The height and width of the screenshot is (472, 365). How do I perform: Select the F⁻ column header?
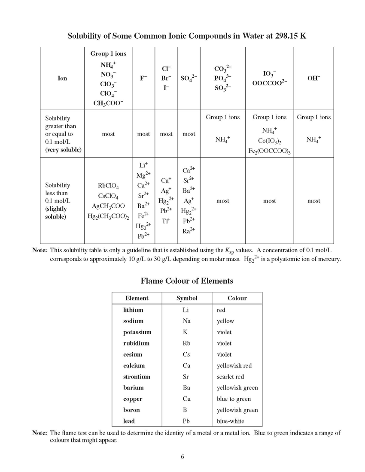point(143,79)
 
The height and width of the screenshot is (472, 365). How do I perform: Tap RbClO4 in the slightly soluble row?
point(108,186)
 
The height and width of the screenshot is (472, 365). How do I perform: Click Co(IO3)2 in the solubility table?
point(269,141)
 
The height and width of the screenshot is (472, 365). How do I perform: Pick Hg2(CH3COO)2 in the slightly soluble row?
point(108,217)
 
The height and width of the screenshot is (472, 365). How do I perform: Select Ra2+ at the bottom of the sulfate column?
point(189,230)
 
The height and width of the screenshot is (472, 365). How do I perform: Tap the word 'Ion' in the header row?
point(62,79)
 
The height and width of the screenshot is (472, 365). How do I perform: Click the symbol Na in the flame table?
point(187,321)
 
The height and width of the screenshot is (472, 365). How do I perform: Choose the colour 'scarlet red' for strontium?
point(230,377)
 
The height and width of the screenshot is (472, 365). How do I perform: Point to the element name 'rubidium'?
point(136,343)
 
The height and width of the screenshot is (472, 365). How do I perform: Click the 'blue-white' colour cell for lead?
point(230,421)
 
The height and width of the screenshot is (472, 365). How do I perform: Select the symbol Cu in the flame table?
point(187,399)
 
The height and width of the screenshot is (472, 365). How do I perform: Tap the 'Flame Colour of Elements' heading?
point(187,281)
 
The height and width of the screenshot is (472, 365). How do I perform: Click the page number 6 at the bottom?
point(182,456)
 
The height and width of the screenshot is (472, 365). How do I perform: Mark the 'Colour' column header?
point(237,298)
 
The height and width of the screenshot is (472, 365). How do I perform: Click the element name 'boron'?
point(131,410)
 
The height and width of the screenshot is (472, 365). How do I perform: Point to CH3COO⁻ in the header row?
point(108,103)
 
